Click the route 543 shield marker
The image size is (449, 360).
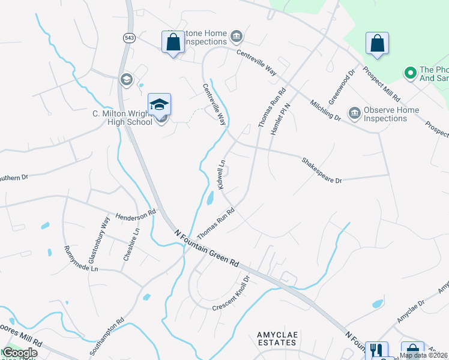(129, 38)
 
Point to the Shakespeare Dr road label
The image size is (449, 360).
(321, 170)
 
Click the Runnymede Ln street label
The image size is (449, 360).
(80, 259)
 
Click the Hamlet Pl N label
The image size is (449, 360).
(281, 117)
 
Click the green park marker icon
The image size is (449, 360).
(411, 73)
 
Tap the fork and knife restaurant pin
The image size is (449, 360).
(376, 350)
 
